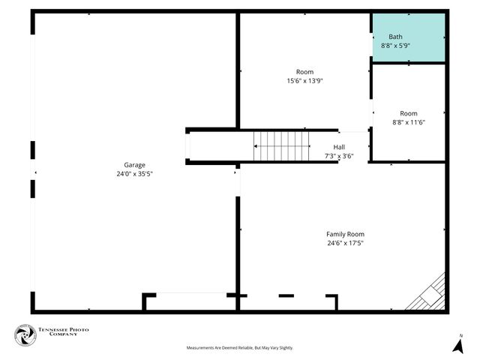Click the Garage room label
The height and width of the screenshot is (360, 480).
[x=135, y=165]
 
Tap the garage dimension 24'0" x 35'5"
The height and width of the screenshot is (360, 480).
[x=135, y=174]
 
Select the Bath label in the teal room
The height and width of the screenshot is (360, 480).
[x=395, y=37]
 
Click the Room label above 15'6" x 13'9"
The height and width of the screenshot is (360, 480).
[x=304, y=72]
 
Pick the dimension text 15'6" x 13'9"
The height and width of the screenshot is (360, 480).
[x=304, y=81]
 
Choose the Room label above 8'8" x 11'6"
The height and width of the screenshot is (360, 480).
[x=409, y=113]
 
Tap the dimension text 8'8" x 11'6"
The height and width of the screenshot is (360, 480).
[x=409, y=122]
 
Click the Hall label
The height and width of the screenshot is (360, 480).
[x=339, y=148]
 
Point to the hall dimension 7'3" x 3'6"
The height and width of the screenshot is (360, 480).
[x=339, y=157]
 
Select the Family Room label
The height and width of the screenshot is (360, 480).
[x=345, y=234]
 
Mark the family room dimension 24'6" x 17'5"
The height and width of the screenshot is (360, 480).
[x=345, y=243]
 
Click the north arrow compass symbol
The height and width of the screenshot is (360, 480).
[x=457, y=346]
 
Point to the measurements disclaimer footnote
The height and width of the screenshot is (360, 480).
[x=240, y=348]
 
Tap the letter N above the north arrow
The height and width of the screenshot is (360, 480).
[x=461, y=335]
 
